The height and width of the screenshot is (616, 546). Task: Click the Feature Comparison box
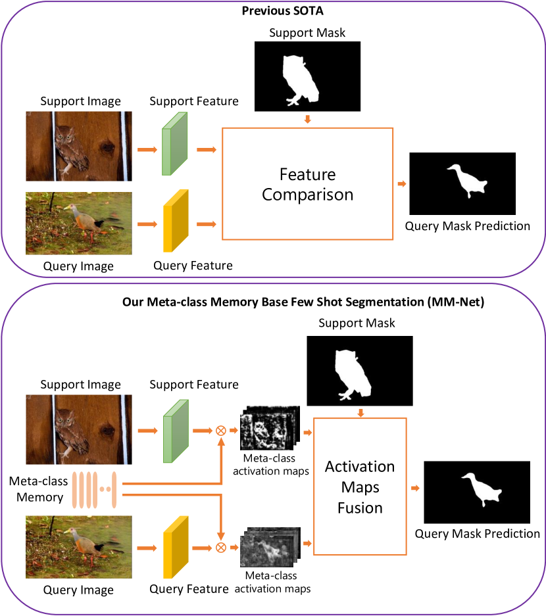307,184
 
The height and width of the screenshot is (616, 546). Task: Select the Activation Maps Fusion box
360,486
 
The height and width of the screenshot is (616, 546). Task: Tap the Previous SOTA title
272,11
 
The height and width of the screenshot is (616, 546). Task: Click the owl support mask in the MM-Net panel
360,371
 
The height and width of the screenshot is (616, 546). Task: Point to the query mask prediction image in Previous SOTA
462,183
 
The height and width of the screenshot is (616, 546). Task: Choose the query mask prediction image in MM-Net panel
477,492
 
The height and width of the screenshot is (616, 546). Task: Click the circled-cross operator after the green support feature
221,431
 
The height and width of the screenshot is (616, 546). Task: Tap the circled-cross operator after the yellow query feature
221,547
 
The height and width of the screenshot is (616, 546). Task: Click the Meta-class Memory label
39,490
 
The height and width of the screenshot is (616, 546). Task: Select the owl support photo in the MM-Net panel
78,429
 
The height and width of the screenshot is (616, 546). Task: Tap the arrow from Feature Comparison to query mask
401,184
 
